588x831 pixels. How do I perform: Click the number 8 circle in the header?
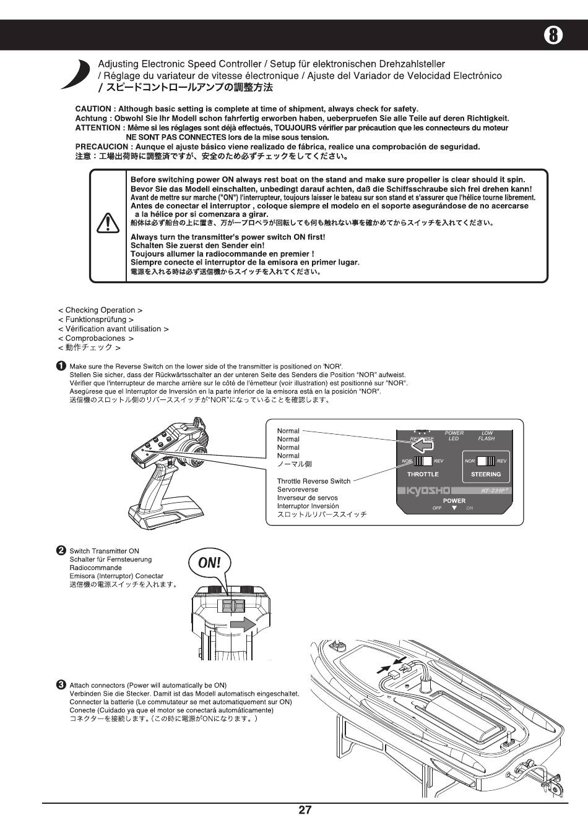coord(554,35)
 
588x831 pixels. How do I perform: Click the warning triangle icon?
coord(108,223)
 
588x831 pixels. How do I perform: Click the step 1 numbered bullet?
coord(61,366)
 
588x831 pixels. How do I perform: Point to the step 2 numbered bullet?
coord(61,551)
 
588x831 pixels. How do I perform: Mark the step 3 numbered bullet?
coord(61,685)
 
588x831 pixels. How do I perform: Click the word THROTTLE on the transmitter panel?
coord(423,474)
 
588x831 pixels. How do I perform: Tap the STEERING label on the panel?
coord(486,474)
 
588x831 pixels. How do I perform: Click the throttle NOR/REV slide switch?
coord(423,461)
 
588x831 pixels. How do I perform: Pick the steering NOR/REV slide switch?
coord(486,461)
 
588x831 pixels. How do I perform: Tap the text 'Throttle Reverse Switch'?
coord(313,481)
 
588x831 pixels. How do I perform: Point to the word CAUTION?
coord(93,109)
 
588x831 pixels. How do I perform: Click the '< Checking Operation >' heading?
coord(100,310)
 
